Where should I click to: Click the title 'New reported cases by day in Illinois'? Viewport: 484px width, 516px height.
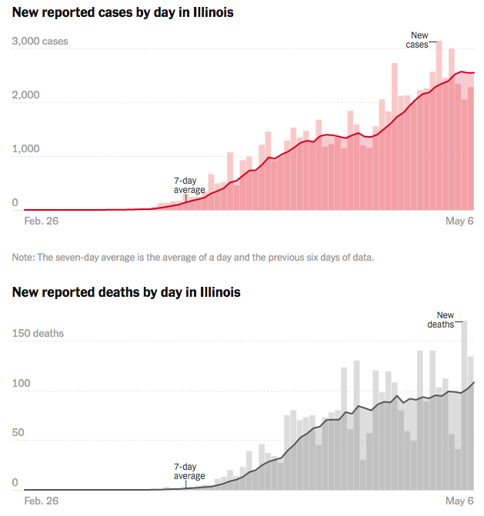[x=123, y=13]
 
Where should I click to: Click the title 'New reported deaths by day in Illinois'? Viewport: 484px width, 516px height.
[x=126, y=292]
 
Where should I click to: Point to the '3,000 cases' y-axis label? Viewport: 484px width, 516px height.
[x=40, y=42]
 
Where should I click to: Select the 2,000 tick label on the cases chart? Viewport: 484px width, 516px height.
[x=26, y=95]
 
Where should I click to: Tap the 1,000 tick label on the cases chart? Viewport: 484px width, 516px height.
[x=26, y=149]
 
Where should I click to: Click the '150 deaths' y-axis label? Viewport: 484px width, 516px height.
[x=38, y=334]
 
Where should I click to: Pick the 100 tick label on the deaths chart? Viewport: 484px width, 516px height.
[x=21, y=384]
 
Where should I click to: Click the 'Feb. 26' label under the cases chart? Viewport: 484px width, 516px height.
[x=42, y=221]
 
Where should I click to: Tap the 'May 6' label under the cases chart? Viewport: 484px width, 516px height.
[x=459, y=221]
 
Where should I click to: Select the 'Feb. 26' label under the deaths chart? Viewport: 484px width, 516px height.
[x=42, y=501]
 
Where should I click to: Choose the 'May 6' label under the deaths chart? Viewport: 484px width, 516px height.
[x=459, y=501]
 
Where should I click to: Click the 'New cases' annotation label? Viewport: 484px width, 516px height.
[x=418, y=40]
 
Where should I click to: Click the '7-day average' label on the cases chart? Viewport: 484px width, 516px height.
[x=189, y=185]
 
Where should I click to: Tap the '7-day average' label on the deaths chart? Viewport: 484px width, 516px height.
[x=189, y=471]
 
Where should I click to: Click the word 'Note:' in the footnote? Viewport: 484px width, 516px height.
[x=24, y=257]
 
